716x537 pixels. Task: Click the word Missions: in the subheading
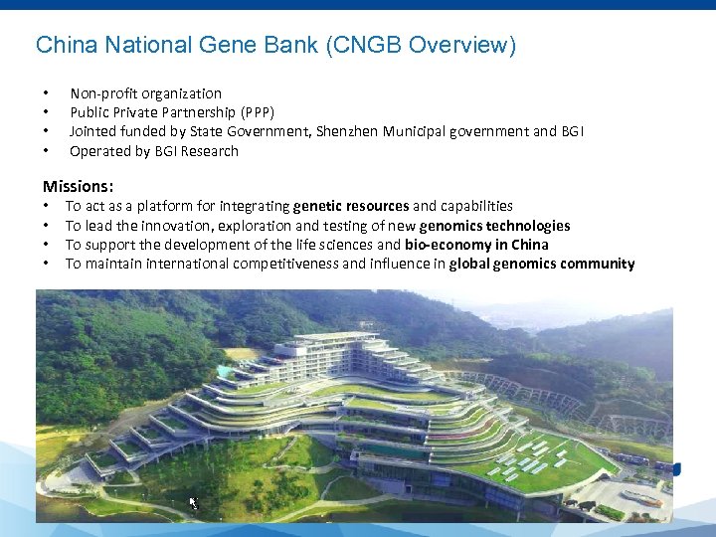coord(78,186)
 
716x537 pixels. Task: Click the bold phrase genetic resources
coord(351,206)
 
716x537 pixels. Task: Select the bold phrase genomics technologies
coord(494,226)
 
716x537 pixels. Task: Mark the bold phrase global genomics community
coord(541,264)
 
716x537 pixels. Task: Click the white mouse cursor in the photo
coord(194,503)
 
